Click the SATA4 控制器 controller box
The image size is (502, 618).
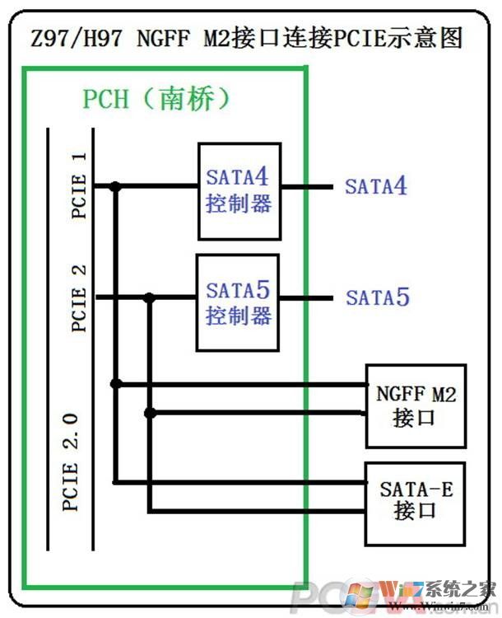239,190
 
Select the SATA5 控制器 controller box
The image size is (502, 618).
239,302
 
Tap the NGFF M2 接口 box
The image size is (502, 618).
416,405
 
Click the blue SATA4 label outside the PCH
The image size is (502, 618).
376,185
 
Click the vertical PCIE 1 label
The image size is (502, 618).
80,185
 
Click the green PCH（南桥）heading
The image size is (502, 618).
156,99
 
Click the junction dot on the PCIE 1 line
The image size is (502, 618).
116,187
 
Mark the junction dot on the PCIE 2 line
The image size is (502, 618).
149,297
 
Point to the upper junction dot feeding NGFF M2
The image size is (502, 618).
116,383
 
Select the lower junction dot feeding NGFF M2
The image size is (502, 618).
149,413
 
